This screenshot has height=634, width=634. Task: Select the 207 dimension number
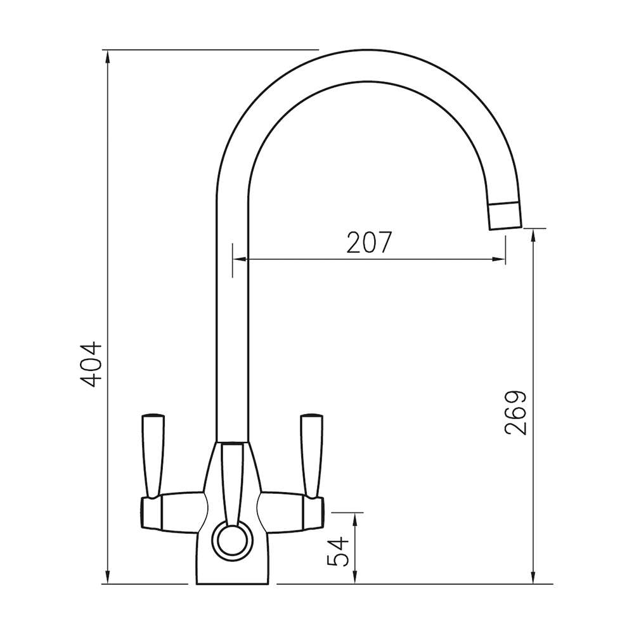(x=370, y=243)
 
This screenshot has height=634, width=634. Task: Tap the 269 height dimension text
(x=516, y=412)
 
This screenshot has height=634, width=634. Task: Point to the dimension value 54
(x=339, y=551)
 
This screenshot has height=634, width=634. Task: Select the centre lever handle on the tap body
(x=232, y=482)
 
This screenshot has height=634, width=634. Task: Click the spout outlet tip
(x=505, y=215)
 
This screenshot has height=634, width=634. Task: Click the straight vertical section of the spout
(x=232, y=317)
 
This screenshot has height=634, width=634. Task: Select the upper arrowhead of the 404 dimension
(x=108, y=56)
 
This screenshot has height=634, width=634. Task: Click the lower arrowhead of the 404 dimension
(x=108, y=577)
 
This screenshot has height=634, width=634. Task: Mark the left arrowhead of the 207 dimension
(x=239, y=259)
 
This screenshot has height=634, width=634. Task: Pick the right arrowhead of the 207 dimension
(x=500, y=259)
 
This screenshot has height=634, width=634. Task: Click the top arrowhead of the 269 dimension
(x=534, y=235)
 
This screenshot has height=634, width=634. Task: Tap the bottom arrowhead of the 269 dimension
(x=534, y=577)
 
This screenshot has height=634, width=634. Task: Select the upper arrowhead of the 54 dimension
(x=355, y=519)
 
